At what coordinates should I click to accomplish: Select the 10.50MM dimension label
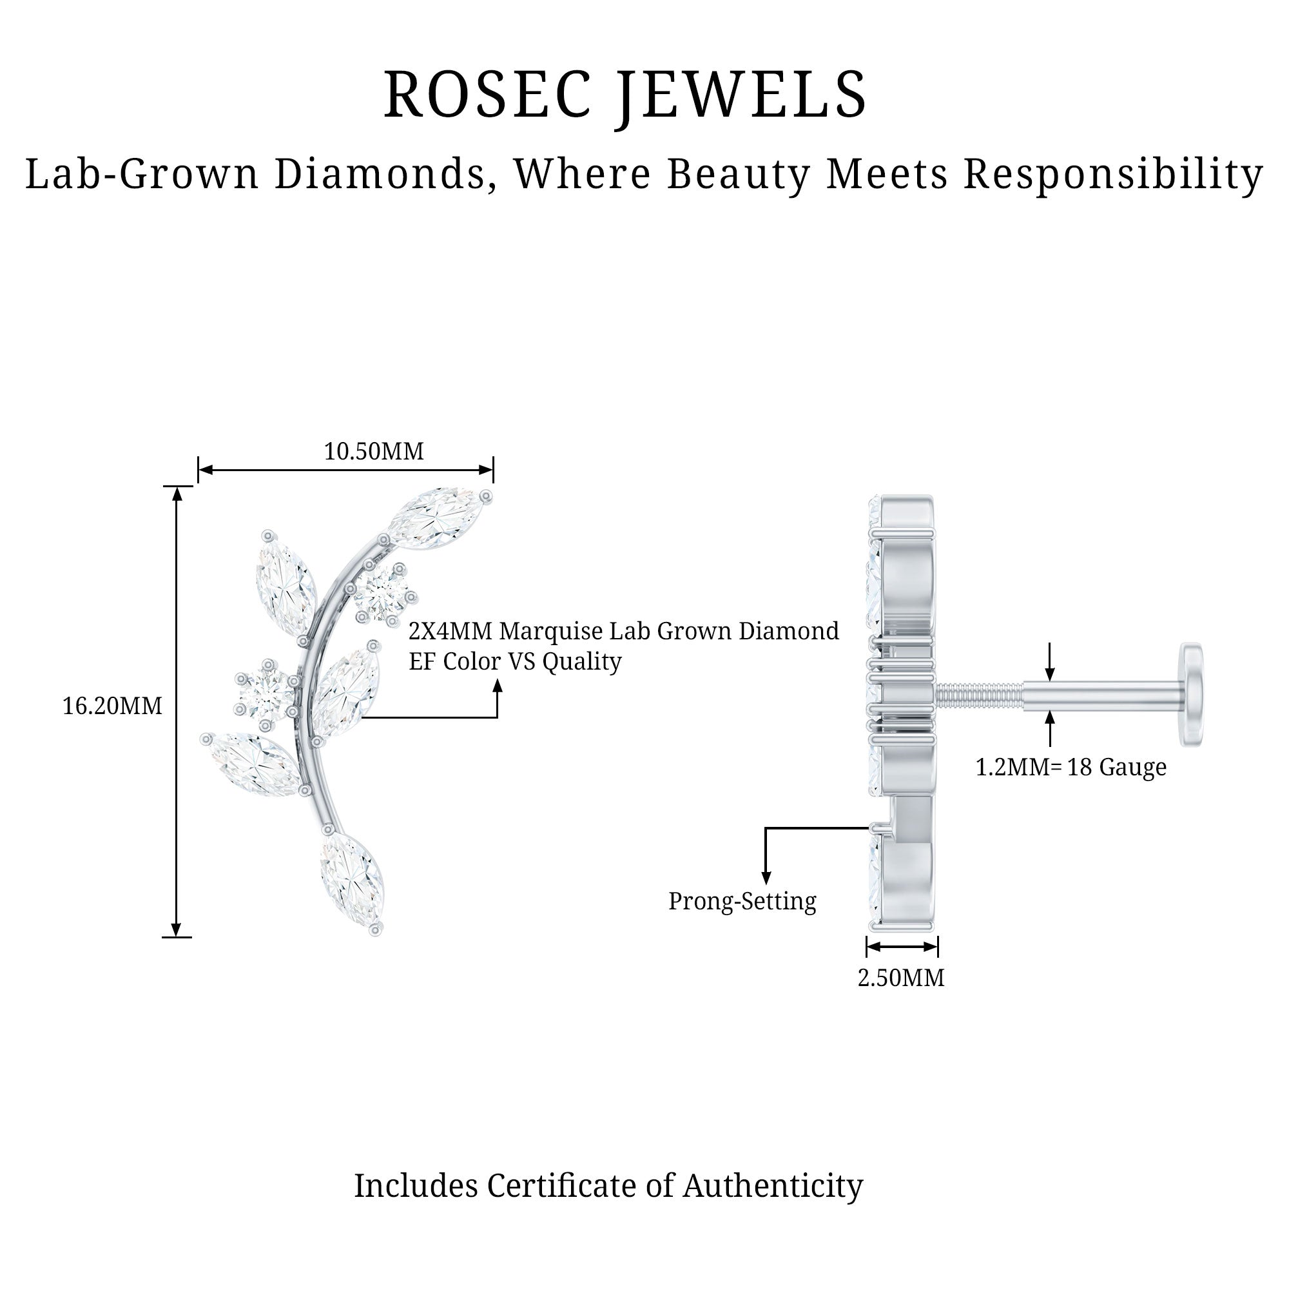coord(374,452)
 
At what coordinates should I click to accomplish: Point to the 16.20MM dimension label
coord(112,706)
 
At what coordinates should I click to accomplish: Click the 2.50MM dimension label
coord(901,978)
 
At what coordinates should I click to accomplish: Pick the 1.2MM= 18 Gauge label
coord(1070,767)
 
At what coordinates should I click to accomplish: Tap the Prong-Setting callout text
coord(742,901)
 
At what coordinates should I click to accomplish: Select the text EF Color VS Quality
coord(515,661)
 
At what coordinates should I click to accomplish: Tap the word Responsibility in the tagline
coord(1114,174)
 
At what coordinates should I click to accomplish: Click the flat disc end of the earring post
coord(1192,695)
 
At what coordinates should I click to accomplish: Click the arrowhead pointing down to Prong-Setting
coord(766,877)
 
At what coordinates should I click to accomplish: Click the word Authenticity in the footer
coord(773,1186)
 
